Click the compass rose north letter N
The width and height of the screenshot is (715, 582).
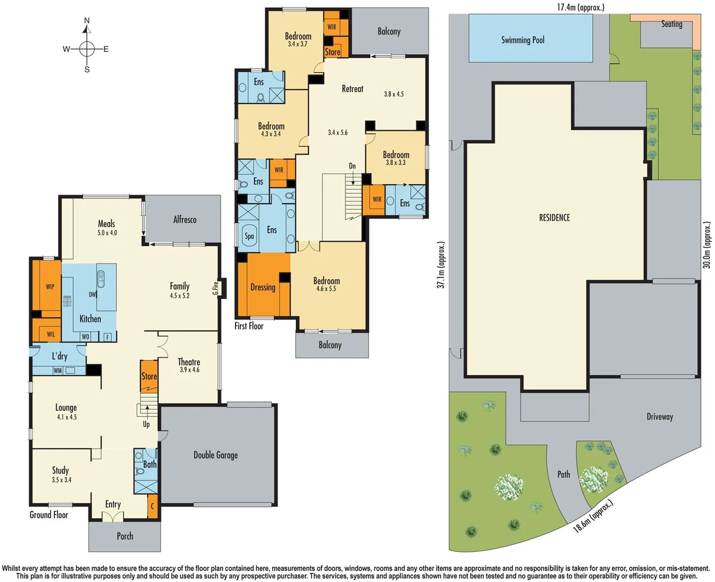pos(87,21)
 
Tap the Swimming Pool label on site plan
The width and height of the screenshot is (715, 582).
pos(523,40)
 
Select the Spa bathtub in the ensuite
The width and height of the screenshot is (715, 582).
pos(249,236)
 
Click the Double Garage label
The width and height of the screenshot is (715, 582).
pos(216,455)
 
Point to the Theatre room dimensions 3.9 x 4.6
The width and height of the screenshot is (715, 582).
pos(189,370)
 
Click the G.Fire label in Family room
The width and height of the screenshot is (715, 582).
pos(216,288)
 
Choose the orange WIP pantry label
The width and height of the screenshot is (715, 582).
pos(50,287)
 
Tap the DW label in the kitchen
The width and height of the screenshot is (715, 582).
pos(93,295)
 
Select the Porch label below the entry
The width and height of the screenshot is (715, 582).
pos(124,536)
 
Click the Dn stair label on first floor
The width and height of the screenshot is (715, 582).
pos(352,166)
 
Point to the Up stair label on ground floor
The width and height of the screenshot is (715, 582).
pos(147,424)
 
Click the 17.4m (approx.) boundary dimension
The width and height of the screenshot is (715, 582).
pos(580,7)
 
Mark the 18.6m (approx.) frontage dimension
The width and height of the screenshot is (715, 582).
pos(593,516)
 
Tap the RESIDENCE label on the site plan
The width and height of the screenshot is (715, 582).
pos(554,218)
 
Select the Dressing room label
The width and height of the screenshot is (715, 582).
pos(263,287)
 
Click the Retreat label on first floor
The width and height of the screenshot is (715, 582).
pos(352,89)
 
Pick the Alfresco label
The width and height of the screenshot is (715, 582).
pos(185,219)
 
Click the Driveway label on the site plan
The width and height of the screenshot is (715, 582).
pos(660,417)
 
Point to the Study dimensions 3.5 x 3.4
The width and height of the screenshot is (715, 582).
pos(61,480)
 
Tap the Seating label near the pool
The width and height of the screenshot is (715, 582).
pos(671,24)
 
